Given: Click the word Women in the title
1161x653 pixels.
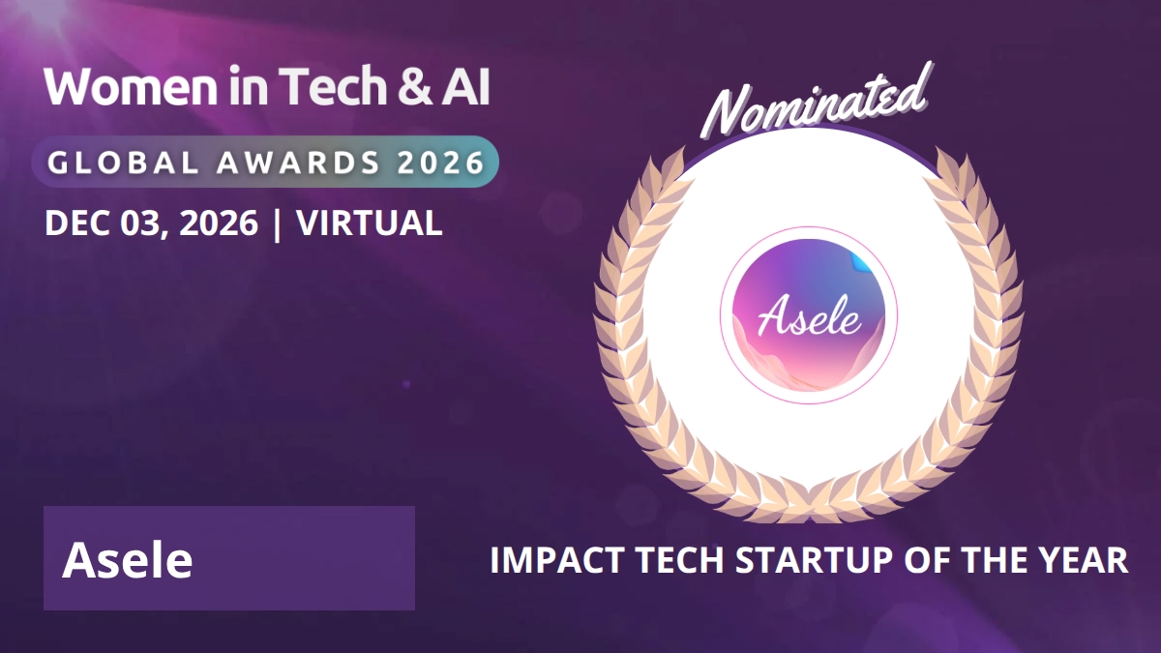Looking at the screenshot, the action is (x=132, y=86).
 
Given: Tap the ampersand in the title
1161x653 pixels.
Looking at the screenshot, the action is (x=415, y=86).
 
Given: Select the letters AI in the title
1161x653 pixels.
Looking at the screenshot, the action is (x=465, y=86).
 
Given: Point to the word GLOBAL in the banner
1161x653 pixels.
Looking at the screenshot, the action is (x=124, y=163).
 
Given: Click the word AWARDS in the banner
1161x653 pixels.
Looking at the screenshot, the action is (x=298, y=163).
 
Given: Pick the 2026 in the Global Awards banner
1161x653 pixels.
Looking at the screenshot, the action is (x=440, y=163).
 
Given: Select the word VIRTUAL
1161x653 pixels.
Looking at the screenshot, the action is (x=369, y=223).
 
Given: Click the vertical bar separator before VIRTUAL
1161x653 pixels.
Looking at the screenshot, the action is (x=277, y=224).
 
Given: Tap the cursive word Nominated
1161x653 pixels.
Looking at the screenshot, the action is (x=817, y=101).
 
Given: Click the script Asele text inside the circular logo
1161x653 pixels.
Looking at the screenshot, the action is (x=810, y=315).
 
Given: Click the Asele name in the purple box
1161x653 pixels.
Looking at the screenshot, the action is (x=128, y=560).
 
